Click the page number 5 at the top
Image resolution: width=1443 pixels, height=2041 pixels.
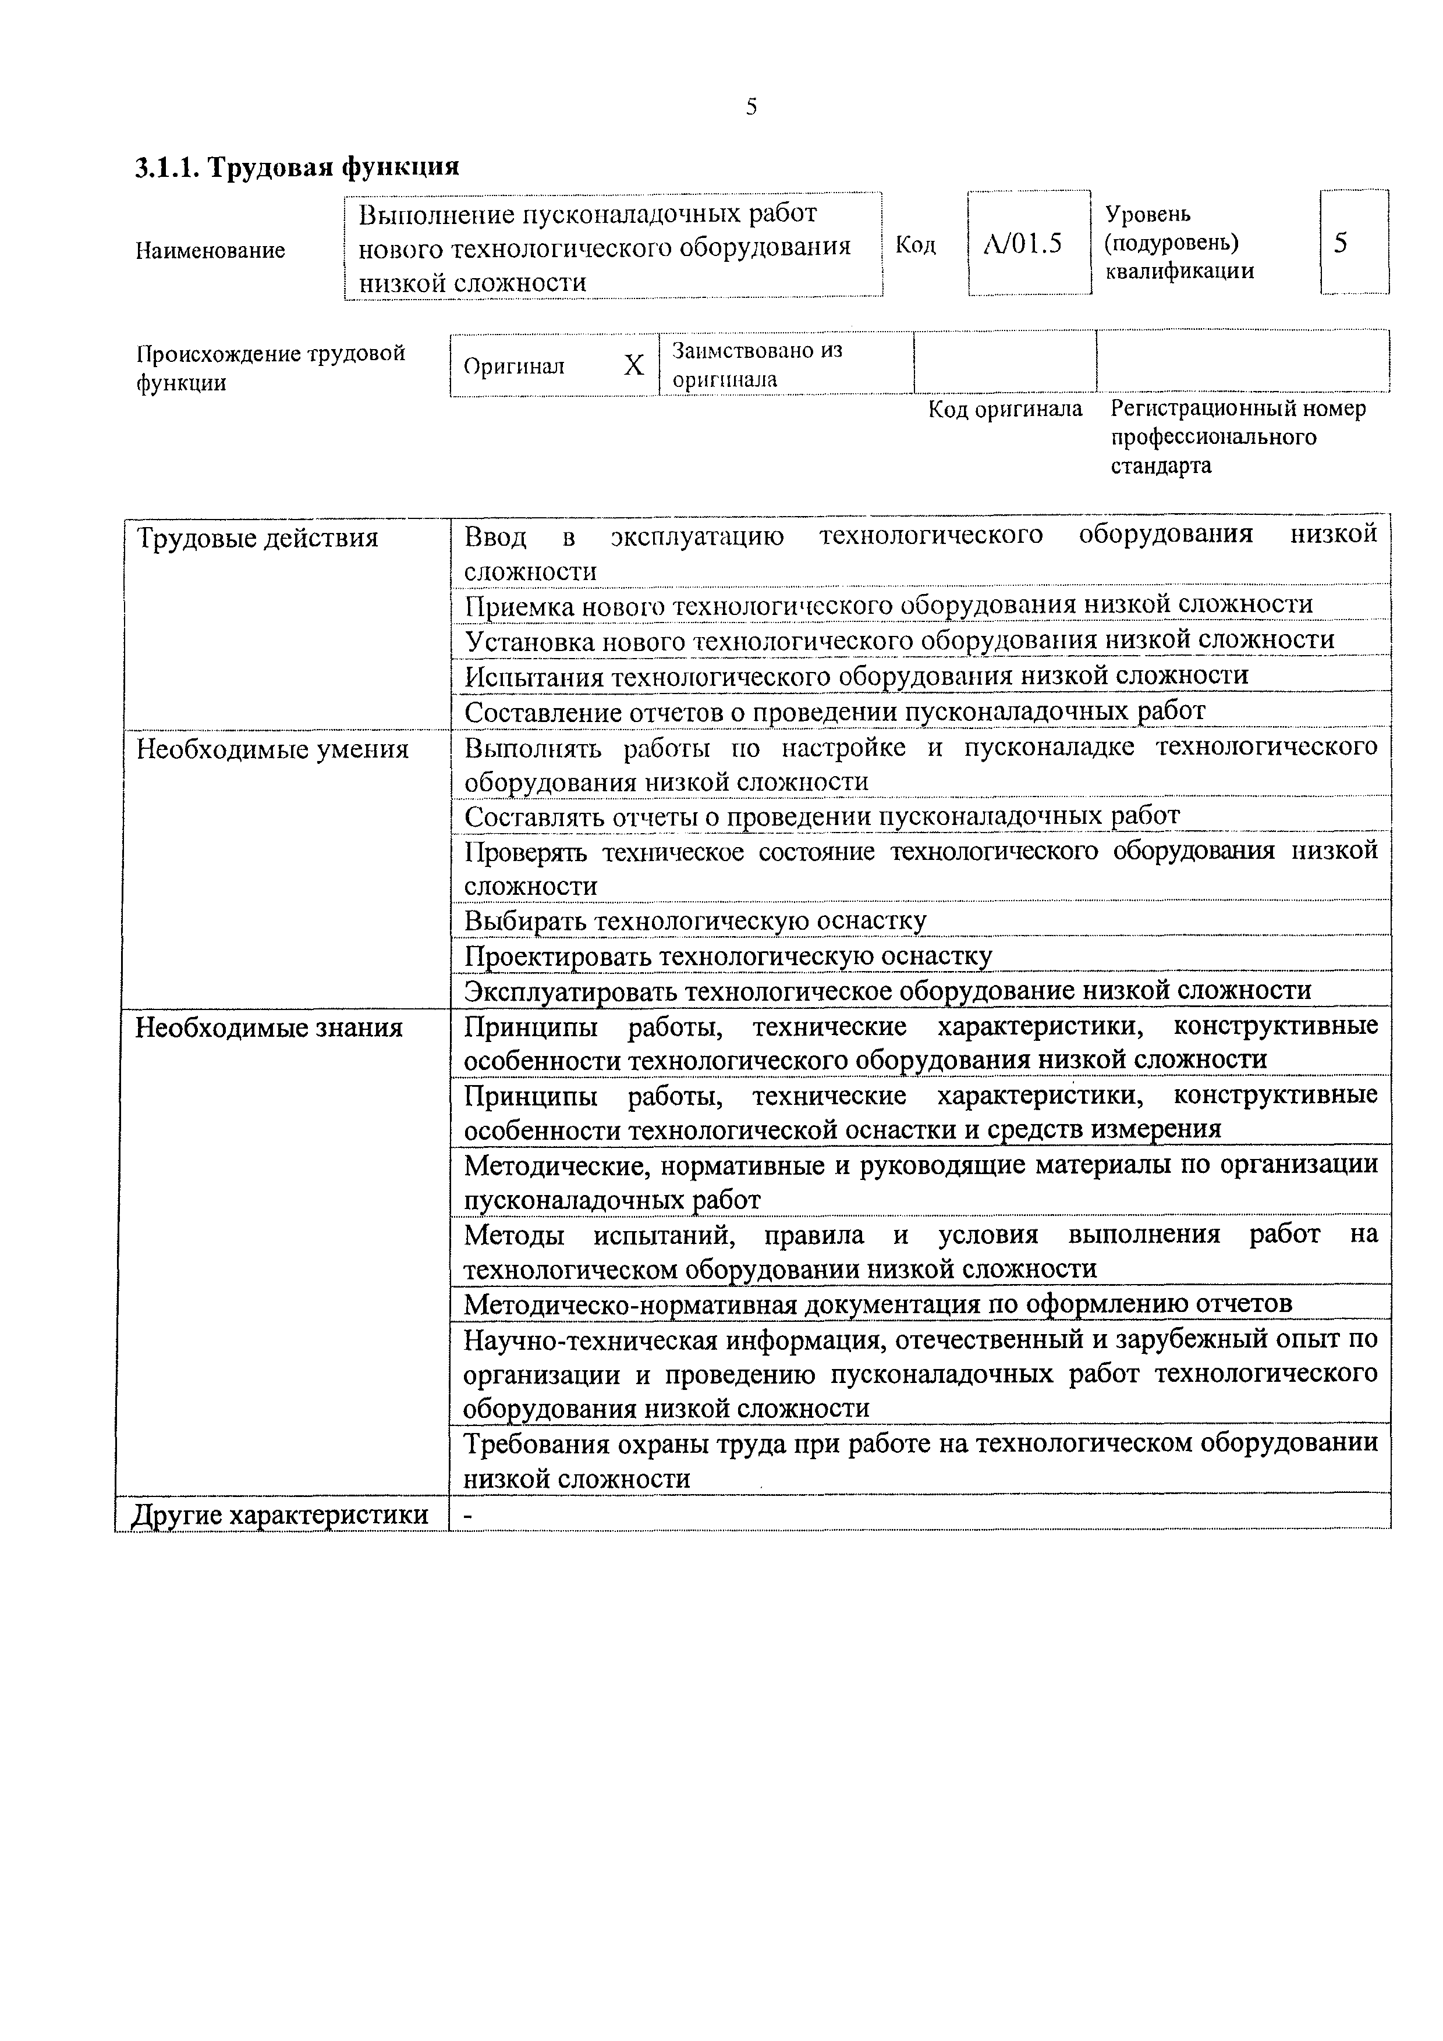pos(751,108)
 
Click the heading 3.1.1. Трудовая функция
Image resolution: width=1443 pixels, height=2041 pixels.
pos(297,167)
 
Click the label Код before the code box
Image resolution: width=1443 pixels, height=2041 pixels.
pos(915,244)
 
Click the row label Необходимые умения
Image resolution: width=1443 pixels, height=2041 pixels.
pos(272,749)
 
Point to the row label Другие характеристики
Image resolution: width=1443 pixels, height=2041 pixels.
pos(279,1514)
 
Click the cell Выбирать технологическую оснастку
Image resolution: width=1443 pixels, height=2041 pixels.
pos(695,920)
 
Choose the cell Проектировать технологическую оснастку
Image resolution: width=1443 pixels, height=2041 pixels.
pos(728,955)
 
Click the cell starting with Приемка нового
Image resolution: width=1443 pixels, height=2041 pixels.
pos(888,605)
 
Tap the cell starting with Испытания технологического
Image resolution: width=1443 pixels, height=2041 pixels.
pos(856,675)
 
